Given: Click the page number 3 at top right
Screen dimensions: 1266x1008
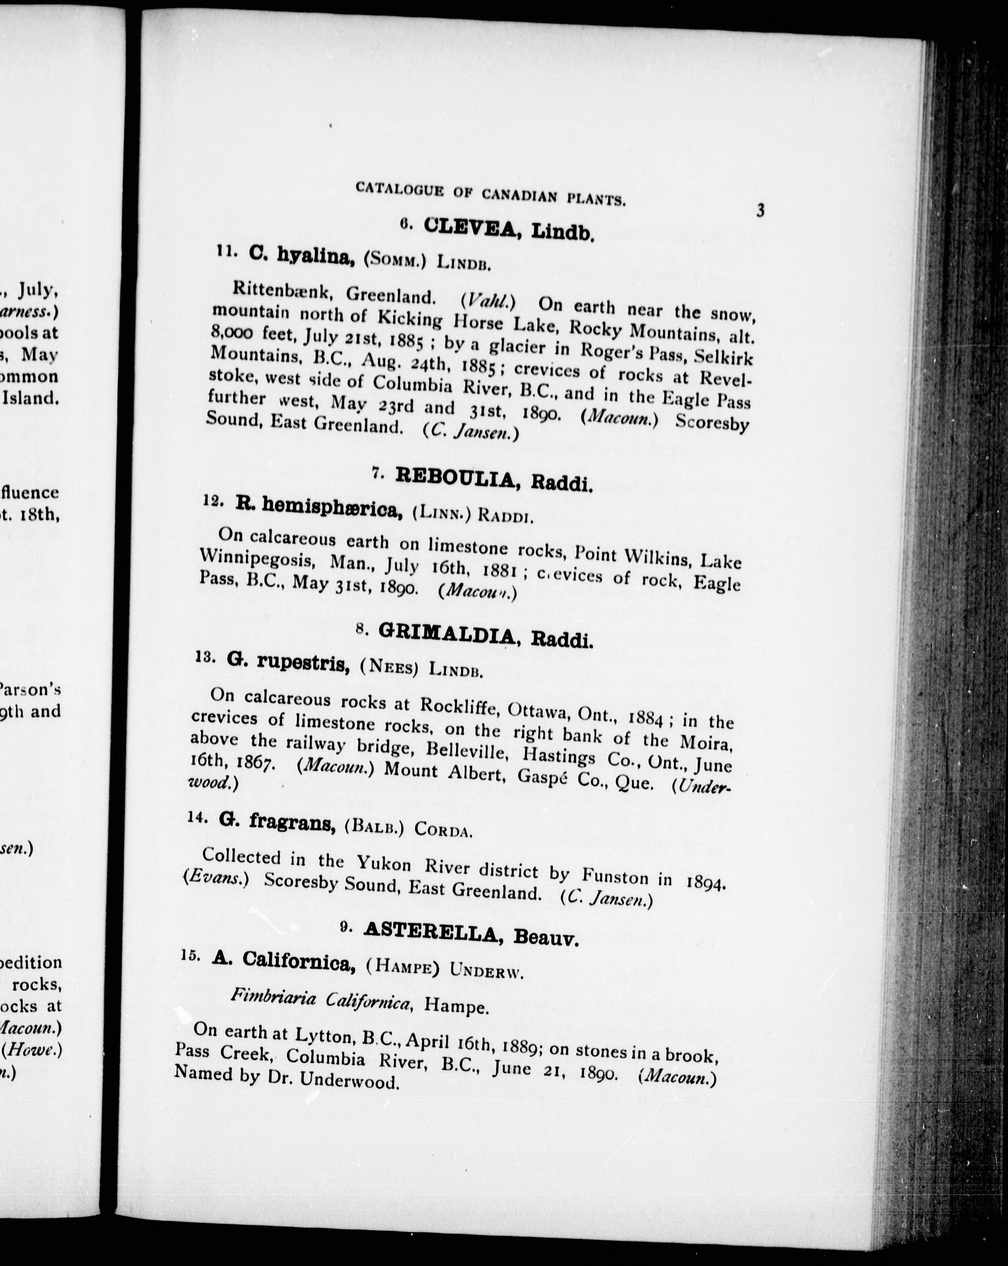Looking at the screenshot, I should (x=760, y=210).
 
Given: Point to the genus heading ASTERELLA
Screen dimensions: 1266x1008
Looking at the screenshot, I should (x=430, y=931).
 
